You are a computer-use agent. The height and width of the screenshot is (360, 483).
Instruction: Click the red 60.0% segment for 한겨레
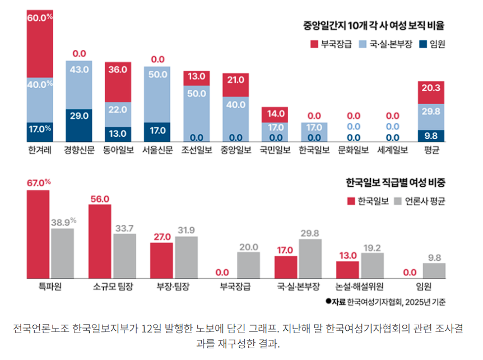coord(40,39)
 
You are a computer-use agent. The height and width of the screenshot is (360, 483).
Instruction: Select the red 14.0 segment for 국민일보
coord(275,114)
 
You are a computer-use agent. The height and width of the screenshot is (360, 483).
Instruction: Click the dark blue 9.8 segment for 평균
coord(431,136)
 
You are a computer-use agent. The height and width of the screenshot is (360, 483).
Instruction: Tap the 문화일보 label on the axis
coord(353,150)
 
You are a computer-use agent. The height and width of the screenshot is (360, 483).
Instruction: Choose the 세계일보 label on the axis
coord(392,150)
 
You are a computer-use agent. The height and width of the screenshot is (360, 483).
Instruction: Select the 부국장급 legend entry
coord(331,44)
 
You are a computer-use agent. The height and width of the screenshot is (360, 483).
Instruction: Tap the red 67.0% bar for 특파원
coord(39,234)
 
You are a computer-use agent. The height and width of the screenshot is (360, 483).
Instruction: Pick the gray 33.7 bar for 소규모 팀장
coord(124,256)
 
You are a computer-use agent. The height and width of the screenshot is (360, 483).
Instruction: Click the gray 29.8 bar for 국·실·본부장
coord(310,259)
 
